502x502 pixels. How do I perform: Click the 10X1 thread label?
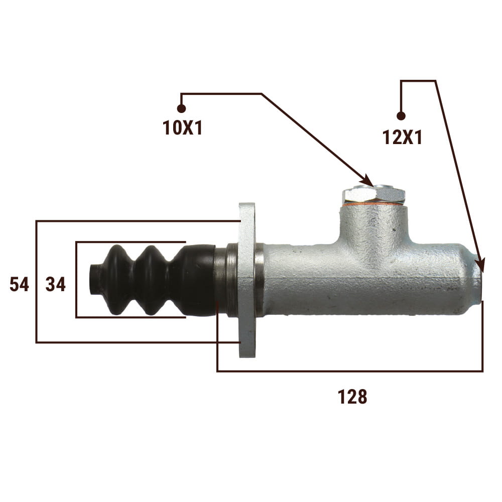(183, 128)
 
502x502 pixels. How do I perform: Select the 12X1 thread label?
(403, 138)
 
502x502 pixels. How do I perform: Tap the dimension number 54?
(19, 284)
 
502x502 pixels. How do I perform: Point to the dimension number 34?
(56, 284)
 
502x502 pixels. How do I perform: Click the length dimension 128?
(352, 397)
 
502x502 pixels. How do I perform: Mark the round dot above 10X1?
(181, 109)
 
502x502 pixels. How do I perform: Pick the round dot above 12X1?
(401, 115)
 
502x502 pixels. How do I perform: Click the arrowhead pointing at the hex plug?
(367, 181)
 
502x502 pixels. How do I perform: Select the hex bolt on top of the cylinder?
(373, 194)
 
